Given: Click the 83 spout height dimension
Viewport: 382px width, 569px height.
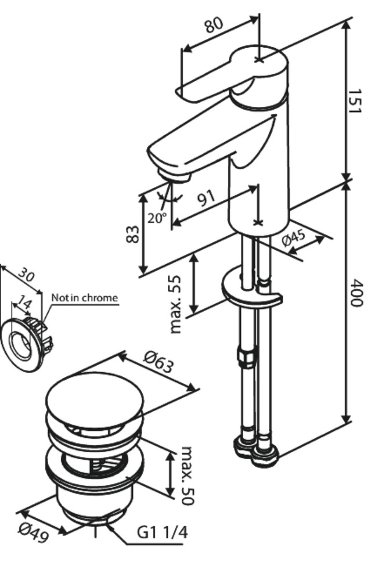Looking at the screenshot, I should pyautogui.click(x=134, y=233).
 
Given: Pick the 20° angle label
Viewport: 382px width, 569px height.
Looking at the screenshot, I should pyautogui.click(x=156, y=218).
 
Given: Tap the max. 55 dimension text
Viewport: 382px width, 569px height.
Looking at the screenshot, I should pyautogui.click(x=176, y=304).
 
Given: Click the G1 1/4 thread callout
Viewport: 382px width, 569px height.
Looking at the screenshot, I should pyautogui.click(x=162, y=532).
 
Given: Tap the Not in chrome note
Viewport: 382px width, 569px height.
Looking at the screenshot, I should pyautogui.click(x=84, y=298).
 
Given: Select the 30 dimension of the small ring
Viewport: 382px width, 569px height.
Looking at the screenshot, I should pyautogui.click(x=26, y=273).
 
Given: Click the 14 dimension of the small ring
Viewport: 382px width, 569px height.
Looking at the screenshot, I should pyautogui.click(x=24, y=303).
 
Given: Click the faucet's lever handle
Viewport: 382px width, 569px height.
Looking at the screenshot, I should pyautogui.click(x=232, y=75).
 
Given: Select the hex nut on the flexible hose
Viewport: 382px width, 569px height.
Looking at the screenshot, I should pyautogui.click(x=244, y=355).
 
